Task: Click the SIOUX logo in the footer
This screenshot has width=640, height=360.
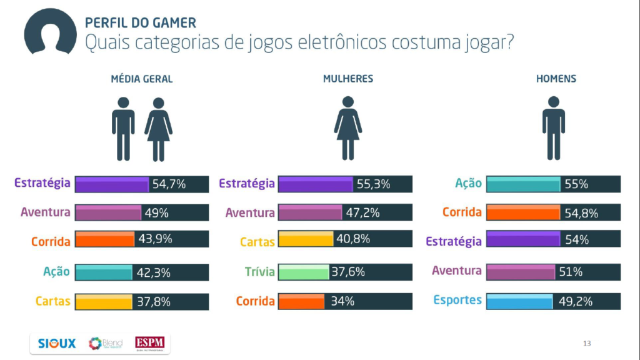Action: tap(57, 343)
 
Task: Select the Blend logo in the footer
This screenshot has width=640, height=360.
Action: tap(105, 343)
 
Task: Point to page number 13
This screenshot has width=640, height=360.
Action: tap(586, 343)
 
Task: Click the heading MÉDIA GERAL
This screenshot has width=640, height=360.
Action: tap(141, 79)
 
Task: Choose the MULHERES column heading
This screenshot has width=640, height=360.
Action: tap(348, 79)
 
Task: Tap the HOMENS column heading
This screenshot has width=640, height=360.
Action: tap(556, 79)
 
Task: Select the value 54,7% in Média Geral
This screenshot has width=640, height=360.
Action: tap(169, 184)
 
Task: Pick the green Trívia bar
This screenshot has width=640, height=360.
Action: tap(303, 272)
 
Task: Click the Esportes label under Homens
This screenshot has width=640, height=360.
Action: tap(457, 300)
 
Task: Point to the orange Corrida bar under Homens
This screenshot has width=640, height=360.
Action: tap(522, 213)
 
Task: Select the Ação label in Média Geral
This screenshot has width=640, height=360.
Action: tap(56, 271)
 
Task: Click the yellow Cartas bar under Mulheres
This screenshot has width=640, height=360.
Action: tap(305, 239)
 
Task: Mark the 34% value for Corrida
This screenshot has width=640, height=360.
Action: tap(342, 301)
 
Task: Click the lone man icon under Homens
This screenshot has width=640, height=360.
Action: tap(553, 127)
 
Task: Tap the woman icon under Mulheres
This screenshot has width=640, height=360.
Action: tap(348, 127)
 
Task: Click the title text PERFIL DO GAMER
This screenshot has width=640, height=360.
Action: tap(140, 23)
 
